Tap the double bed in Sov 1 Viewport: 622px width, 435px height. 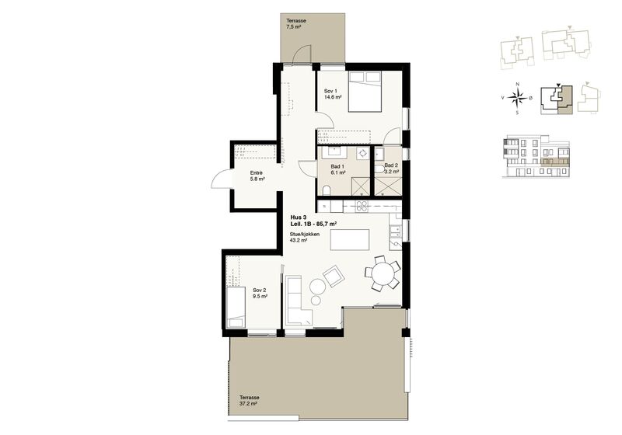pyautogui.click(x=365, y=92)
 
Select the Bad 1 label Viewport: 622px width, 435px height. pyautogui.click(x=337, y=166)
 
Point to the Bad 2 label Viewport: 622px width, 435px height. pyautogui.click(x=391, y=165)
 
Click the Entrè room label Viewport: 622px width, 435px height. pyautogui.click(x=257, y=173)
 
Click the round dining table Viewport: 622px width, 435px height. pyautogui.click(x=383, y=273)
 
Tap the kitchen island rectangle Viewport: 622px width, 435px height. pyautogui.click(x=349, y=240)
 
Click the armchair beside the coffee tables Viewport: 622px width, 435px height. pyautogui.click(x=334, y=276)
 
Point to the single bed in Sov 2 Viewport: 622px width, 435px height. pyautogui.click(x=235, y=308)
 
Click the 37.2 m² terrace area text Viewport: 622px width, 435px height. pyautogui.click(x=248, y=404)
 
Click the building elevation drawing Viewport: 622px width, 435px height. pyautogui.click(x=536, y=156)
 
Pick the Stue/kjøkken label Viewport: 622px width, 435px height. pyautogui.click(x=305, y=234)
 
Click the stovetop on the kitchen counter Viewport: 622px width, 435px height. pyautogui.click(x=362, y=206)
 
